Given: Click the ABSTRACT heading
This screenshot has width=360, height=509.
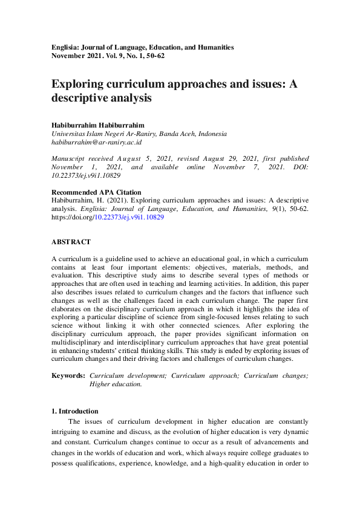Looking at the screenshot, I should point(71,242).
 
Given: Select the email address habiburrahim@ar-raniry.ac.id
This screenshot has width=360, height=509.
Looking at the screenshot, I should point(96,142).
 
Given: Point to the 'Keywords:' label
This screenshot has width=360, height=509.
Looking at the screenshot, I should point(68,375).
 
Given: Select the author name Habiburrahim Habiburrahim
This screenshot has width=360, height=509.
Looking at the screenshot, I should point(98,125).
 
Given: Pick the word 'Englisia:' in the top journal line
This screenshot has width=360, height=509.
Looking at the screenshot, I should point(66,47).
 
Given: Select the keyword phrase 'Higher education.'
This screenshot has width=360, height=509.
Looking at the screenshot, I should point(116,384).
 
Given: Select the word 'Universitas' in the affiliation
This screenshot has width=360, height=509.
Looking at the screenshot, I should point(68,134).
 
